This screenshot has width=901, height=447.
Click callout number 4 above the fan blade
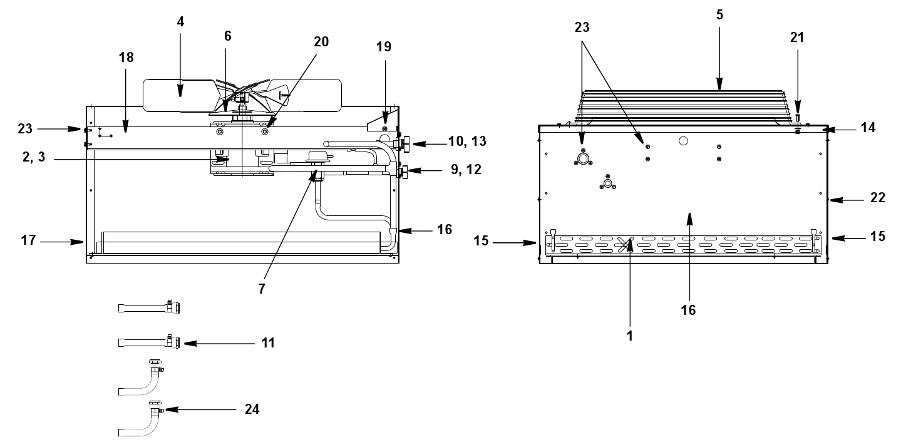click(x=180, y=22)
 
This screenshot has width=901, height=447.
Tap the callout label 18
click(x=126, y=58)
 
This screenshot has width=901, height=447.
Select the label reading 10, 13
click(x=467, y=141)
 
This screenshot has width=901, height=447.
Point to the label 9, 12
click(x=466, y=170)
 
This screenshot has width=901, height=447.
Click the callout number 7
click(x=262, y=289)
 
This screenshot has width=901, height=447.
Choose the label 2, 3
click(x=34, y=157)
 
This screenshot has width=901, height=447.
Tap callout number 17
click(x=29, y=240)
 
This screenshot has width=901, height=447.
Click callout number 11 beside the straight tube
click(x=268, y=343)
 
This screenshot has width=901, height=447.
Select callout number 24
click(x=252, y=409)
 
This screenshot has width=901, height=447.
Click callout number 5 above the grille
click(x=719, y=15)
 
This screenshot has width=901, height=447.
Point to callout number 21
click(x=797, y=38)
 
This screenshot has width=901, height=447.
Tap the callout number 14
click(x=868, y=128)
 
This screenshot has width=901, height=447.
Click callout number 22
click(x=878, y=198)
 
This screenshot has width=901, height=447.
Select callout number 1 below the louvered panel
click(x=630, y=336)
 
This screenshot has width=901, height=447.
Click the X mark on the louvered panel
click(x=624, y=245)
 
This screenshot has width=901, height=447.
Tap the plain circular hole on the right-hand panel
click(x=683, y=141)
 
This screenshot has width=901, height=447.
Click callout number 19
click(x=383, y=47)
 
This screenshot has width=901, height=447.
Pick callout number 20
click(x=321, y=42)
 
